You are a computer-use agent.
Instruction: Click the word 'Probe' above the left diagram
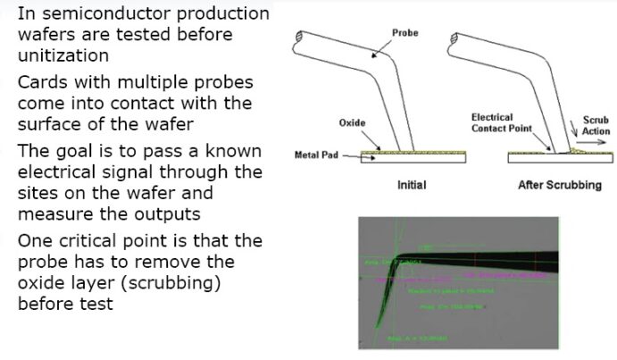tap(404, 32)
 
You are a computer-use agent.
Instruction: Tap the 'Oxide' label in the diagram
tap(352, 122)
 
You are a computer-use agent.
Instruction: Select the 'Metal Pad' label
tap(313, 155)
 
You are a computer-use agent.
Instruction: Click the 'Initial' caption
tap(411, 185)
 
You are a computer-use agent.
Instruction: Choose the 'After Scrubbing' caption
tap(560, 185)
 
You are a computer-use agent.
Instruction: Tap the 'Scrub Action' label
tap(596, 124)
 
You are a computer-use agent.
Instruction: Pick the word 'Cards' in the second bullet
tap(43, 82)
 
